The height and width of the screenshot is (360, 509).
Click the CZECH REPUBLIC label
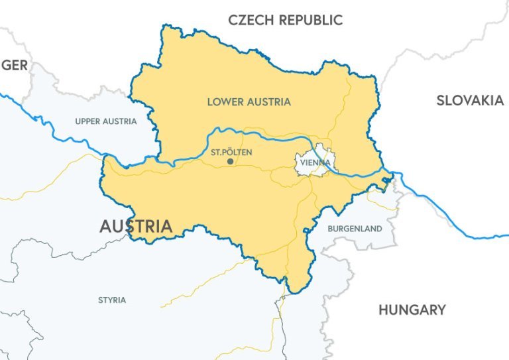(x=285, y=20)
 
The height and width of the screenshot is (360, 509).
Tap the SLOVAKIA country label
(x=470, y=101)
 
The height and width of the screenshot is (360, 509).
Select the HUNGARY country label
(x=412, y=310)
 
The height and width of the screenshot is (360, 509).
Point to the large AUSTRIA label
(x=136, y=226)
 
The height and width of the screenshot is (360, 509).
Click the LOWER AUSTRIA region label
(x=249, y=102)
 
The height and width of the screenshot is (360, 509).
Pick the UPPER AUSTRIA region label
(x=106, y=121)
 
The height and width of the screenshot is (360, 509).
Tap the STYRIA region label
(x=112, y=300)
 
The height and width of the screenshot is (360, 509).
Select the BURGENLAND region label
(x=355, y=229)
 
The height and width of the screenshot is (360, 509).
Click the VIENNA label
(x=315, y=162)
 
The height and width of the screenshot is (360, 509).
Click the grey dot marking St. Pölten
(x=230, y=161)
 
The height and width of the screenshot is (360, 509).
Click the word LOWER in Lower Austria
(x=224, y=102)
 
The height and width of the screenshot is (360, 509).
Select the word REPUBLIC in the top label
(x=310, y=20)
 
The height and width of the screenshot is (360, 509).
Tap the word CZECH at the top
(x=251, y=20)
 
